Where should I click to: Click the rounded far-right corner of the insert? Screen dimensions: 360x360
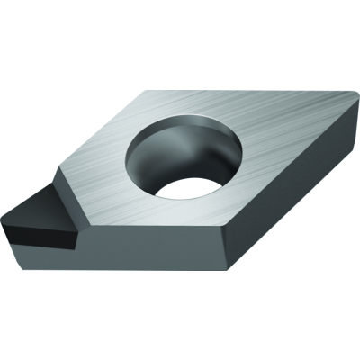click(x=354, y=98)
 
